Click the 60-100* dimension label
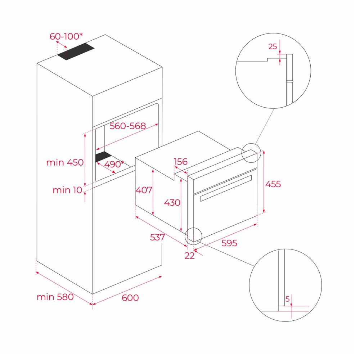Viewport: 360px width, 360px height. pos(66,36)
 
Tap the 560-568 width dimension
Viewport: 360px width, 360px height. pos(128,126)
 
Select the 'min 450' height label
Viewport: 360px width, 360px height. pos(65,163)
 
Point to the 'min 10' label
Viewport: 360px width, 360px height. pos(67,190)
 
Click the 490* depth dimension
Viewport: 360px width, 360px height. pos(114,164)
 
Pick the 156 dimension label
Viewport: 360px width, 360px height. pos(181,162)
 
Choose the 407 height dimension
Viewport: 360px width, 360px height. pos(144,190)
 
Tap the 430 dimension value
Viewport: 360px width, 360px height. pos(172,202)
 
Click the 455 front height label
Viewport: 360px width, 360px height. pos(273,184)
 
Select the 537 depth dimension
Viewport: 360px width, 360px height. pos(158,237)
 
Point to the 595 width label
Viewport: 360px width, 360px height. pos(229,243)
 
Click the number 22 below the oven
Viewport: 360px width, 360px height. pos(190,256)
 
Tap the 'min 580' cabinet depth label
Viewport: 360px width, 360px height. pos(55,297)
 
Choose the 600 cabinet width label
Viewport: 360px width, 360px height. pos(130,298)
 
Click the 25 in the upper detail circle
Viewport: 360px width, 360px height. pos(273,46)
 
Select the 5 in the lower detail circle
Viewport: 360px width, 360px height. pos(287,299)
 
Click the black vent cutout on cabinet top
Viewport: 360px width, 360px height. pos(76,51)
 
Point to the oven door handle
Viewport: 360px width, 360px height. pos(226,188)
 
